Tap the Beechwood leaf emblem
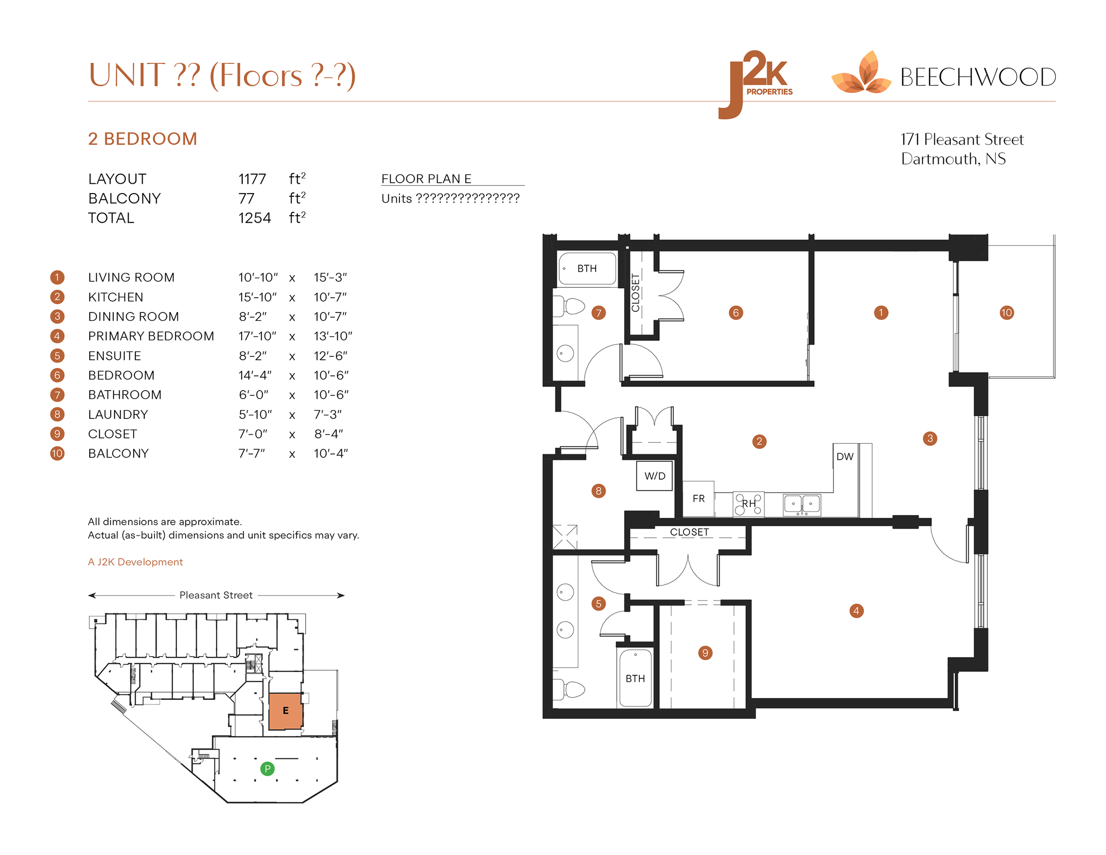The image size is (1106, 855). (x=861, y=74)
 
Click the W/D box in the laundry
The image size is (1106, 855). (x=654, y=476)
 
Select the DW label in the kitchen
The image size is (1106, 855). (x=845, y=456)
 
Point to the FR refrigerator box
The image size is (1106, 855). (x=699, y=499)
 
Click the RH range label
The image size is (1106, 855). (x=749, y=503)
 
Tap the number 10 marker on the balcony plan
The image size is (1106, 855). (x=1006, y=313)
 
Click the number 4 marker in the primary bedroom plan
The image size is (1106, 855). (x=856, y=611)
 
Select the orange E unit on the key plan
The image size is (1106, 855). (x=285, y=711)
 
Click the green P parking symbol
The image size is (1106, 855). (x=267, y=769)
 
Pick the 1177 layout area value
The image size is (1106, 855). (x=252, y=179)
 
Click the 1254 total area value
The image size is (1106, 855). (x=255, y=218)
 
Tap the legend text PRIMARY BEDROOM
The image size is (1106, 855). (x=151, y=336)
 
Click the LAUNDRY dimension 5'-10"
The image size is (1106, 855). (x=255, y=414)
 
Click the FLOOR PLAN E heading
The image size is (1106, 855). (x=426, y=179)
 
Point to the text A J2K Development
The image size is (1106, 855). (x=135, y=561)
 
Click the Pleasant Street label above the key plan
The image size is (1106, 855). (x=216, y=595)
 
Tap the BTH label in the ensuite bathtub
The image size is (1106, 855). (x=635, y=678)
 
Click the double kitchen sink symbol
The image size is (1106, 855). (x=802, y=504)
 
